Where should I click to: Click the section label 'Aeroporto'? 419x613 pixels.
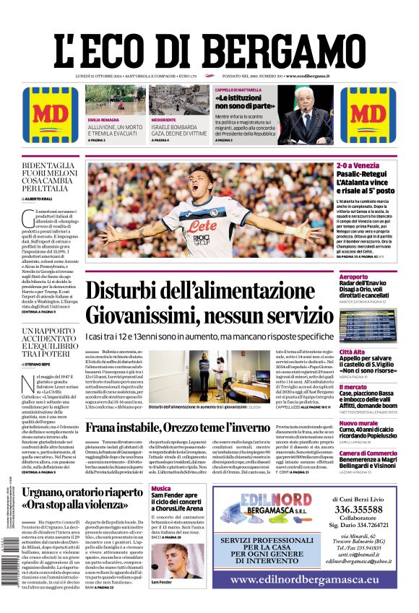(354, 277)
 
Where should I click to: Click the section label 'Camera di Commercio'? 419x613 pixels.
(368, 453)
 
